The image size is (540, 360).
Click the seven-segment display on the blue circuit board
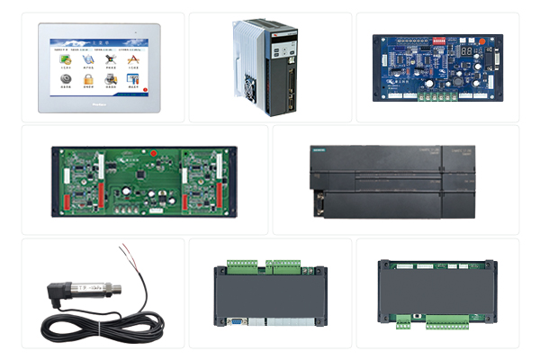click(468, 51)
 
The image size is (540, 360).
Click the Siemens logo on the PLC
click(320, 148)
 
